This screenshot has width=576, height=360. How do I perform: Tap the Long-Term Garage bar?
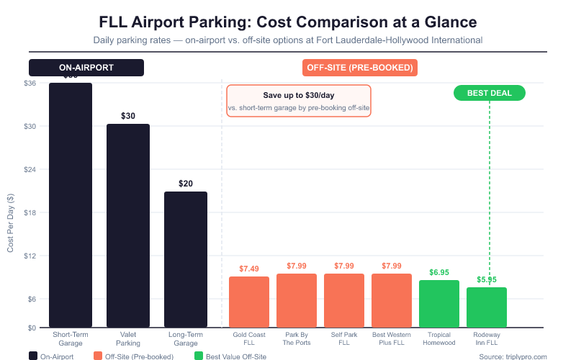[186, 259]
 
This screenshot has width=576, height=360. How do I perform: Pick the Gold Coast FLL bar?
[249, 302]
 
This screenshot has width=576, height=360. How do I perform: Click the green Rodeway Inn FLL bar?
[487, 307]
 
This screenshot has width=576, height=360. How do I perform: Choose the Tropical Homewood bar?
[439, 304]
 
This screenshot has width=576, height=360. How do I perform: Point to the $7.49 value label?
[249, 269]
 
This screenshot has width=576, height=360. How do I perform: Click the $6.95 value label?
[439, 272]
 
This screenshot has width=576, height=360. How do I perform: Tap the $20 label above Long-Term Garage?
[186, 184]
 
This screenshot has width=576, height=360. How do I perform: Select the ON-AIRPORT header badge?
[86, 68]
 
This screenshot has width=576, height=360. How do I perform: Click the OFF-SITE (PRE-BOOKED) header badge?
[359, 68]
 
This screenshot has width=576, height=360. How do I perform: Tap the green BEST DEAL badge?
[490, 93]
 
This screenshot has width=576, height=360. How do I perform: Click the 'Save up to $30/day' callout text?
[298, 95]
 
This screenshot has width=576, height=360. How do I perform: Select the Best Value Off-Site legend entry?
[230, 356]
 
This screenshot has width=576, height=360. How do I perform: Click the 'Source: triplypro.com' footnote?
[513, 356]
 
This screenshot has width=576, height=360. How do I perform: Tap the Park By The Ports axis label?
[297, 338]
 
